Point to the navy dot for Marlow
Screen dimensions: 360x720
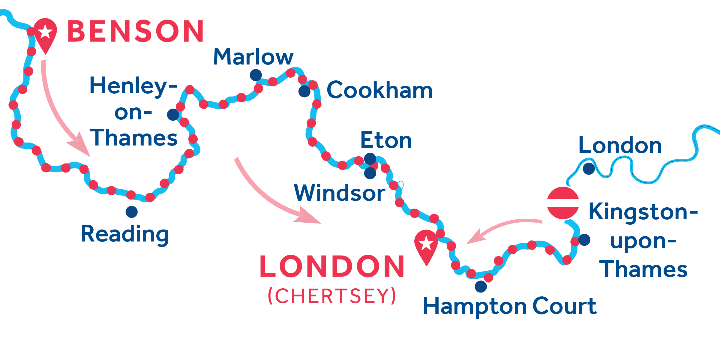pos(256,75)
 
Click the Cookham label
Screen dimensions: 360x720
pos(379,90)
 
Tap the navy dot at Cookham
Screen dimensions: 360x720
pos(304,91)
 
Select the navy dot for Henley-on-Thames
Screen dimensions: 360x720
pos(173,115)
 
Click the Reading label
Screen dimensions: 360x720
pos(125,234)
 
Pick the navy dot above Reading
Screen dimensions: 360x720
pos(132,212)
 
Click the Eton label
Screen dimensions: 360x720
pos(386,140)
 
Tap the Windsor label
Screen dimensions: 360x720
pos(339,193)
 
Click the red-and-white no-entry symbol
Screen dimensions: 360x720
pos(563,203)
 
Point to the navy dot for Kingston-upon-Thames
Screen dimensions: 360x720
pos(584,240)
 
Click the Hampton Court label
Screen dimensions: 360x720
pos(510,306)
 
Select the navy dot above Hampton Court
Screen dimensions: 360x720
pos(481,286)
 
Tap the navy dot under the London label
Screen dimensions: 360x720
pos(589,169)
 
